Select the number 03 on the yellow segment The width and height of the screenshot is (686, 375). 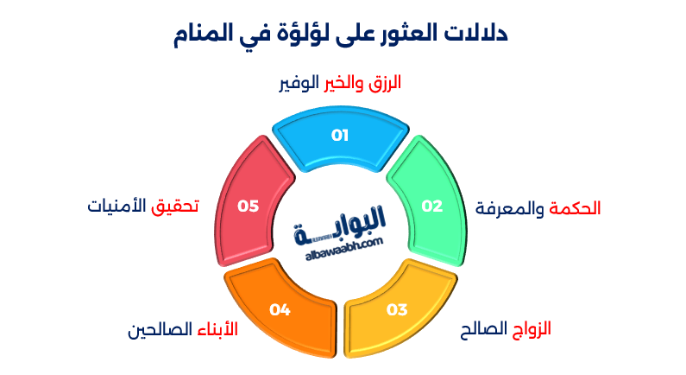(x=396, y=308)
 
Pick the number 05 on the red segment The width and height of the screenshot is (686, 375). (x=249, y=206)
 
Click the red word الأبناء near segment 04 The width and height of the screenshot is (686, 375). (x=217, y=329)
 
